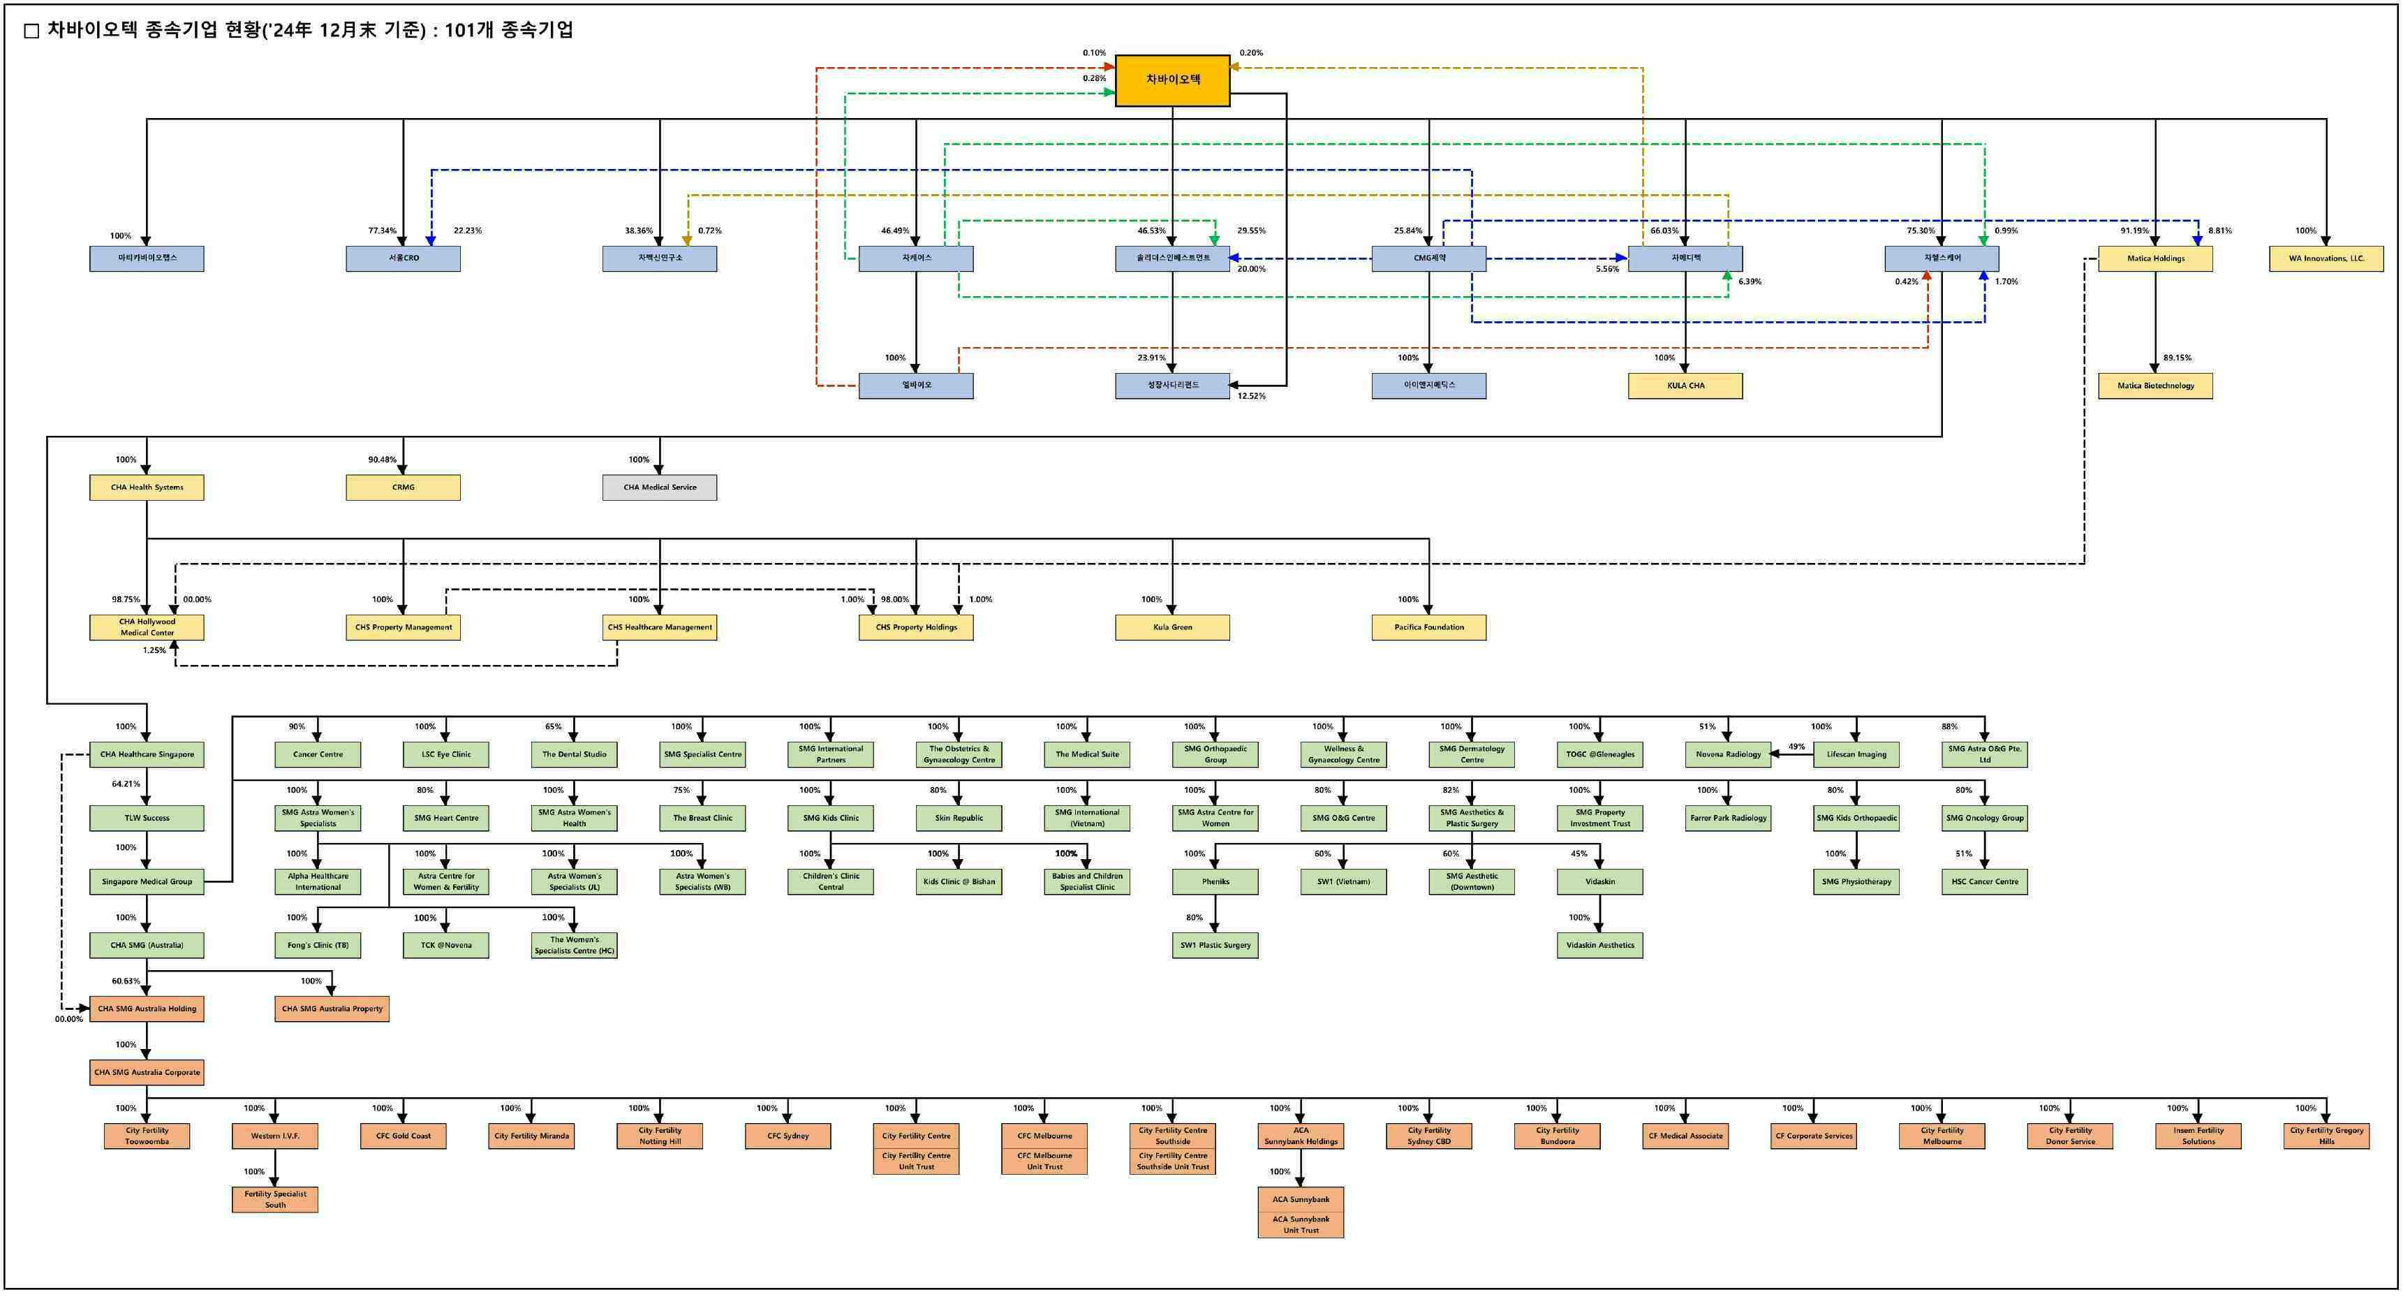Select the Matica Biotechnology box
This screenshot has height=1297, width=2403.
2155,386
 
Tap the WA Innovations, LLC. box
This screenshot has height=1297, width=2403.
2326,258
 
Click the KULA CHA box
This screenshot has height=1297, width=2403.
1685,386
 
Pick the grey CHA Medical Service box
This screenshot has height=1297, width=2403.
660,487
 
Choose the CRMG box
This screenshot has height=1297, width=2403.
403,487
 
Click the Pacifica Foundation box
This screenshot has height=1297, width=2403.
1428,627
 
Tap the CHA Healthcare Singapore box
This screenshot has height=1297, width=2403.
147,754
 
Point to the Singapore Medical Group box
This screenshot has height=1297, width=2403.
147,881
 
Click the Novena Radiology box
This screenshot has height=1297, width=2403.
1728,754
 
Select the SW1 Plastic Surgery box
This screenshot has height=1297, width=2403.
1215,945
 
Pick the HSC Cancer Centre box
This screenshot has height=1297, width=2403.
1984,881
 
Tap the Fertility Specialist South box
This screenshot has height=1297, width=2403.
274,1199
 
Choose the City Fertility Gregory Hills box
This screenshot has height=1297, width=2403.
2326,1136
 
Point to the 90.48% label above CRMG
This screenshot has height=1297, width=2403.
381,459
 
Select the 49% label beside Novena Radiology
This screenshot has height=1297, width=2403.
1796,747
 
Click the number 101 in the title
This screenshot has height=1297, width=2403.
461,30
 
